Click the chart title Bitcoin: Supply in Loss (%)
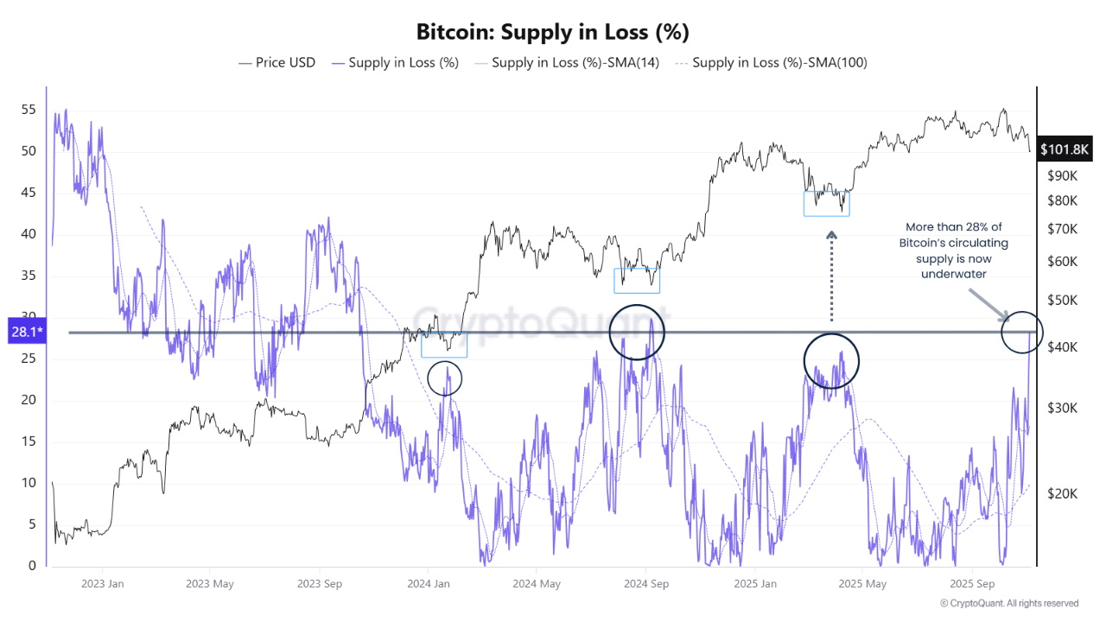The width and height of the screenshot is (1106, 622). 552,32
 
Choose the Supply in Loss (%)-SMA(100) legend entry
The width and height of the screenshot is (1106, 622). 772,62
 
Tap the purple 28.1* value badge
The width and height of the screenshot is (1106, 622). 26,332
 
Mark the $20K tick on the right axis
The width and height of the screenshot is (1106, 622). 1061,493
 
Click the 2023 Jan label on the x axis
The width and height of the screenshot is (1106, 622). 102,583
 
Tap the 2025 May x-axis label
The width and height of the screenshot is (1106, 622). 862,583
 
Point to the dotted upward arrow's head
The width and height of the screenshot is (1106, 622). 831,234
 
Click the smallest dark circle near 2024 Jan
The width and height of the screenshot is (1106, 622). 445,378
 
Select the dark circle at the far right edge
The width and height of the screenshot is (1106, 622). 1022,332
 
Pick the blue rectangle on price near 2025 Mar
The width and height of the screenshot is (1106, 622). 826,204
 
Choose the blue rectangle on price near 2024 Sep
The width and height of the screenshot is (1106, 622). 637,281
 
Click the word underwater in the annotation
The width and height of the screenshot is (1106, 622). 953,274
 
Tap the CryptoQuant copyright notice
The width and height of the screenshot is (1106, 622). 1008,603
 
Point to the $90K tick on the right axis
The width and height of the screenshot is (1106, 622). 1061,175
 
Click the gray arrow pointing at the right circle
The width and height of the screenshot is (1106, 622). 988,304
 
